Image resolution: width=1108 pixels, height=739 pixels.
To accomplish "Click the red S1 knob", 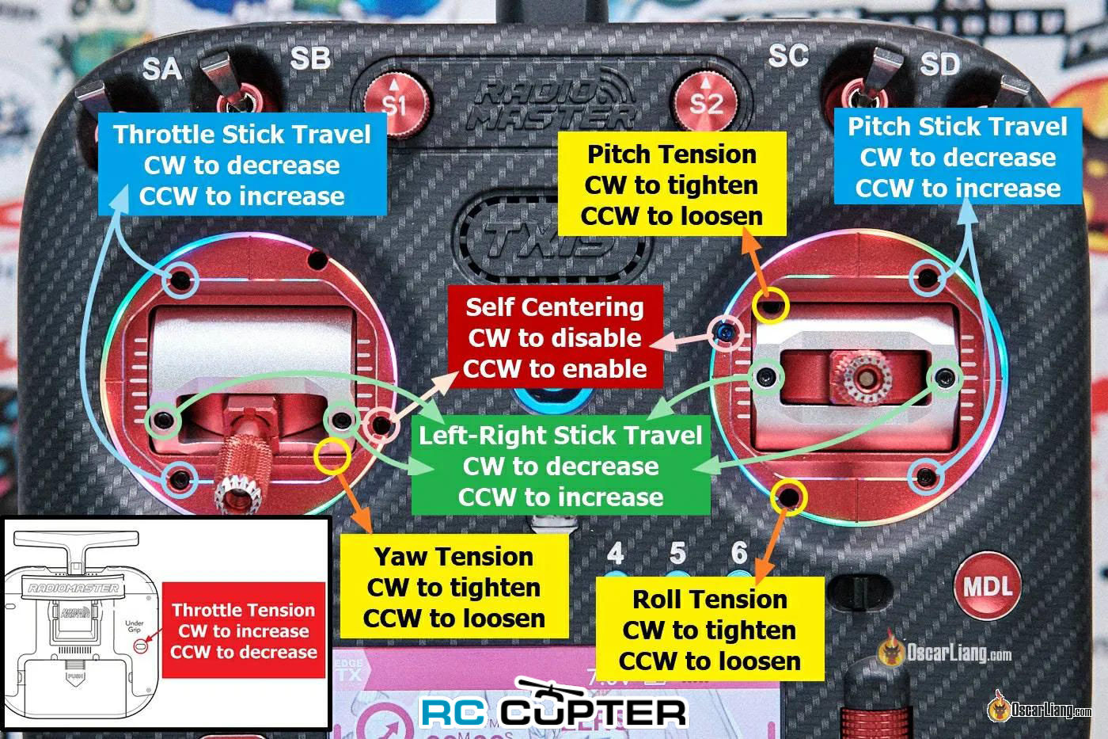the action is tap(396, 103).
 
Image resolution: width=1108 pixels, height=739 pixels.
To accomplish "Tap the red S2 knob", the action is tap(706, 101).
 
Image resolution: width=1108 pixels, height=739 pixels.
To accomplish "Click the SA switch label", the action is tap(161, 69).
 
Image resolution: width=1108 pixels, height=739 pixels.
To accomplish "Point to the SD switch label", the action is tap(939, 64).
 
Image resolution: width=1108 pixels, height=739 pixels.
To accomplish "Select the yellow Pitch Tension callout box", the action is tap(672, 184).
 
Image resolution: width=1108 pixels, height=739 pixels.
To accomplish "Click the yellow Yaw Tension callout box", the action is tap(454, 587).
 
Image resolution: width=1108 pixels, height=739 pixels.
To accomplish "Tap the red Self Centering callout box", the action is tap(555, 337).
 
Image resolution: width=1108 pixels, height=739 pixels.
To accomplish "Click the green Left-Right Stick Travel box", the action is tap(560, 465).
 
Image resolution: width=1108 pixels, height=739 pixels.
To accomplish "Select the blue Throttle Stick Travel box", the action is tap(242, 164).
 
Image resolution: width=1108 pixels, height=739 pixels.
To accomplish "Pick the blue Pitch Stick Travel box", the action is tap(958, 156).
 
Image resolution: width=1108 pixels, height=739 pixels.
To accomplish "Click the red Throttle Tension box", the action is tap(244, 630).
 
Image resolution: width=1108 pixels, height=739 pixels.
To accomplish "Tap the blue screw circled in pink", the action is tap(726, 333).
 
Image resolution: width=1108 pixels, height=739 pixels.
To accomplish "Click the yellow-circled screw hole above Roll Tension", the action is tap(788, 496).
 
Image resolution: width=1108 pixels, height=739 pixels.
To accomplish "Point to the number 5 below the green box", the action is tap(677, 553).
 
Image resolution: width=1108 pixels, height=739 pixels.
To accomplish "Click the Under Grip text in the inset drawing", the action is tap(134, 627).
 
